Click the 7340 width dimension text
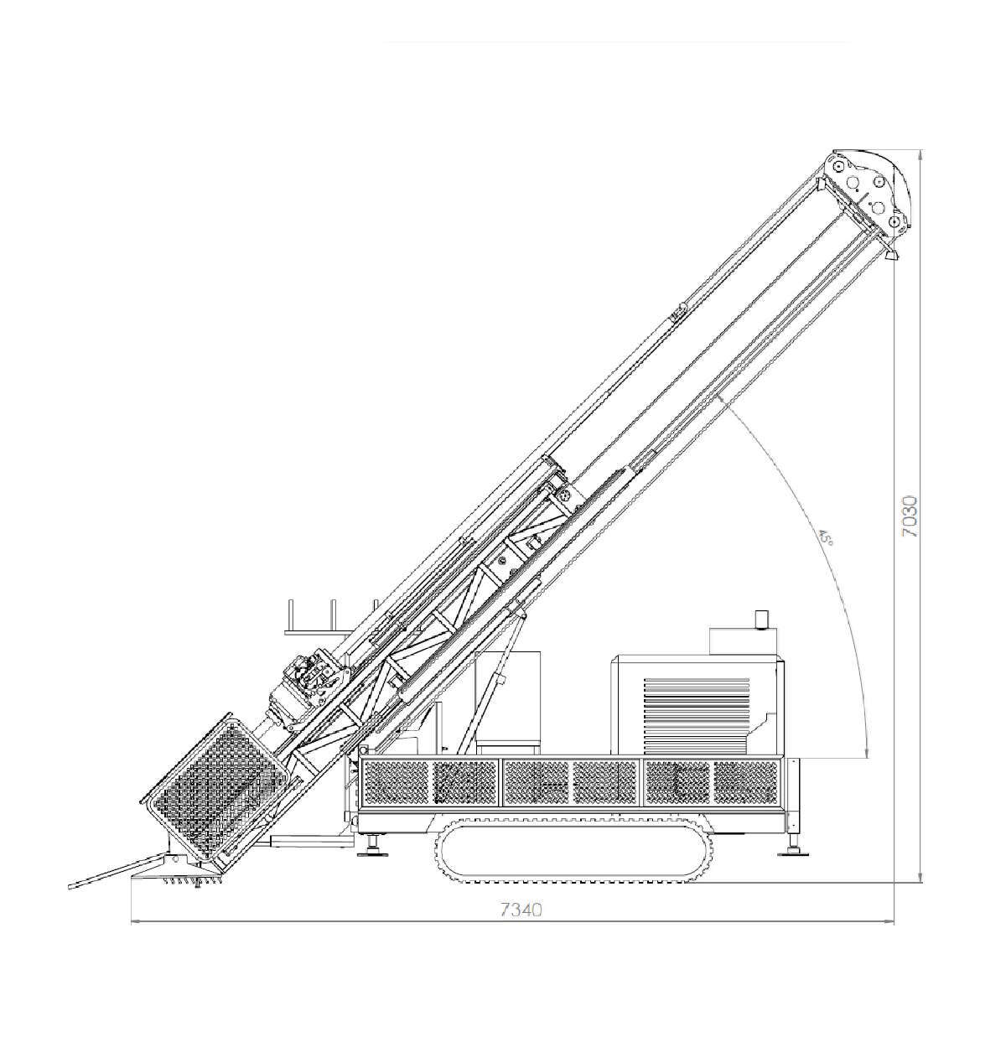[521, 910]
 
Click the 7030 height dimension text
[910, 516]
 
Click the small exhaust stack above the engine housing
[762, 619]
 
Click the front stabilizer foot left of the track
[373, 845]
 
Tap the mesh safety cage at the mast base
[215, 791]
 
